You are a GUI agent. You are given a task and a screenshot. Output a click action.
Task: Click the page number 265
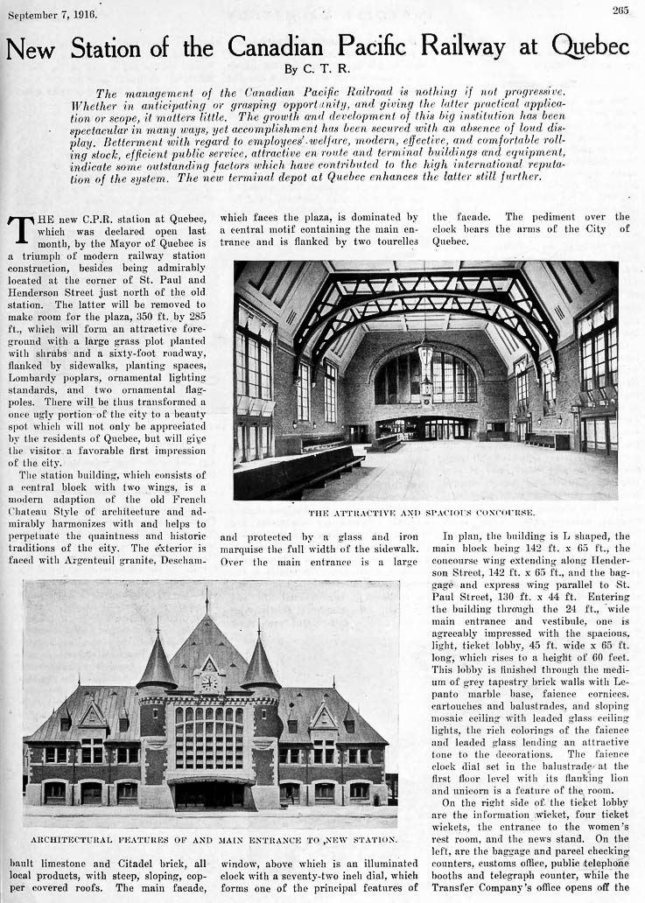620,10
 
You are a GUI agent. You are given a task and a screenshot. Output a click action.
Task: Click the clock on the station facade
208,682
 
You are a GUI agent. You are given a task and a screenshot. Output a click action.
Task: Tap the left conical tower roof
158,661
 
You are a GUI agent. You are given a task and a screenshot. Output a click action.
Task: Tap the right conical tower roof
260,661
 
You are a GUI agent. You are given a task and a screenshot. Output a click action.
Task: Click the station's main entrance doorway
208,794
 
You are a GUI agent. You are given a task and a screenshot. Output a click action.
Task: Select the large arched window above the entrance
208,736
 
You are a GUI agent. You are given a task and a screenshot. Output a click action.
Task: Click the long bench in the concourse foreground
298,472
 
